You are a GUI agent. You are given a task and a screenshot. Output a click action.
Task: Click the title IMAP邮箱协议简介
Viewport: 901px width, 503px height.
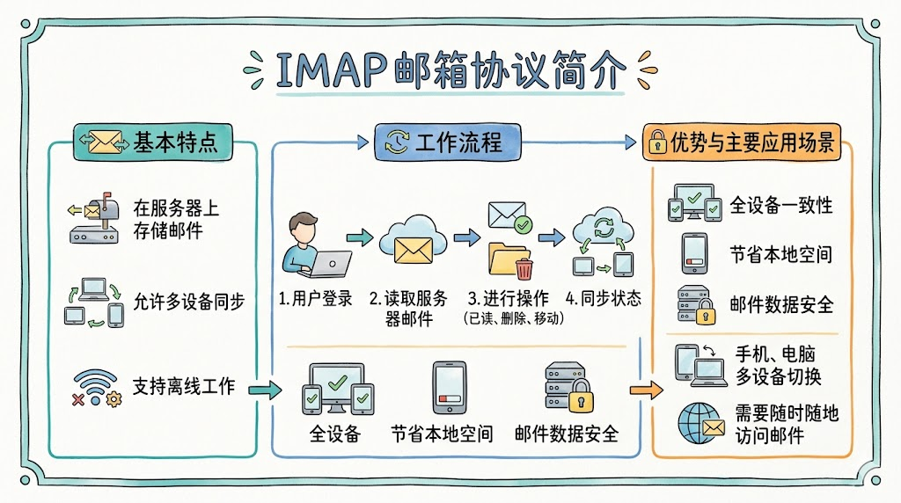click(x=450, y=70)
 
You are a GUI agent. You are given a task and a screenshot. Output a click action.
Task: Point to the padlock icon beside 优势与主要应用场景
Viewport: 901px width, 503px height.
click(x=656, y=144)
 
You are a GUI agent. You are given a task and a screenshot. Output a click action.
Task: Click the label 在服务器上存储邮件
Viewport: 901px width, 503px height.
click(x=176, y=220)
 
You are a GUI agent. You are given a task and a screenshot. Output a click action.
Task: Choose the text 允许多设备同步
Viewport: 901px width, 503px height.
click(x=188, y=301)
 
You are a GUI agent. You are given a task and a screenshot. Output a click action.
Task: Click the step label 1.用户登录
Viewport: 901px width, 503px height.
click(x=315, y=299)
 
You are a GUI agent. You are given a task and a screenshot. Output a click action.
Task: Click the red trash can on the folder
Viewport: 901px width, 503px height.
click(x=524, y=268)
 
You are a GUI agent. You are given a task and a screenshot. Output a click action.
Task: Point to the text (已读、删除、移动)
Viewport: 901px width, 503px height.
click(x=513, y=318)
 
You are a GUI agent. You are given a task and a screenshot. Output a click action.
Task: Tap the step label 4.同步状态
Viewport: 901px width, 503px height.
click(x=604, y=299)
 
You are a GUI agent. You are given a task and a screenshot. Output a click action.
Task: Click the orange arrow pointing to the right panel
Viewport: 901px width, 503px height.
click(x=647, y=390)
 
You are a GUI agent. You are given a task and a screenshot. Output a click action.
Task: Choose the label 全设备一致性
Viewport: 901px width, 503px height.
click(x=781, y=206)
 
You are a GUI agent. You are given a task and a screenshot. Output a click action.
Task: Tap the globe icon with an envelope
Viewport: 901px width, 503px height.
click(x=700, y=423)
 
